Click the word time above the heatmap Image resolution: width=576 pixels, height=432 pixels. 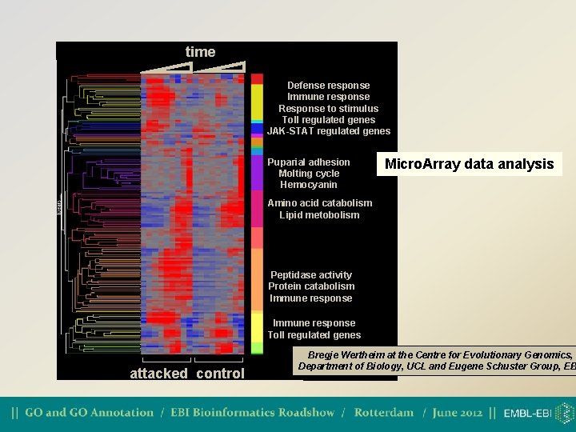[x=200, y=52]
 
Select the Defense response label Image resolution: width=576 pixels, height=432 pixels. [x=328, y=86]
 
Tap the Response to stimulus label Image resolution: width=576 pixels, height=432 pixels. [x=328, y=109]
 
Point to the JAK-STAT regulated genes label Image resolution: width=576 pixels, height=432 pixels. [x=328, y=131]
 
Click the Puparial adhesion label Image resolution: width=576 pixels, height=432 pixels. [x=309, y=162]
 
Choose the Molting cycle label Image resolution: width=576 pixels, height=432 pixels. [x=309, y=174]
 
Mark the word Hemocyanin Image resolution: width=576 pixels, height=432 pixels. [x=309, y=185]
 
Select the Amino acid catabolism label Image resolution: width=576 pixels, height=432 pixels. [x=319, y=203]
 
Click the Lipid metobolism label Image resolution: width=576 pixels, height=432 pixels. [x=319, y=214]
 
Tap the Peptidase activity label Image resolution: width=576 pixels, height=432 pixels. [x=311, y=275]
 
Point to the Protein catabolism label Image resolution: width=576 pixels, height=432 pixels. [x=311, y=286]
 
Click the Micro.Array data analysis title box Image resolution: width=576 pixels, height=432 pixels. [x=469, y=164]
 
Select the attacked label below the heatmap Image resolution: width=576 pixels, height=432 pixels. [x=158, y=374]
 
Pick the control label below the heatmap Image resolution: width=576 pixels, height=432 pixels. [x=220, y=374]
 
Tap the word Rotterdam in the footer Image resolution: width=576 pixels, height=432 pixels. [x=384, y=413]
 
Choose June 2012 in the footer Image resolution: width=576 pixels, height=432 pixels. [x=458, y=413]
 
